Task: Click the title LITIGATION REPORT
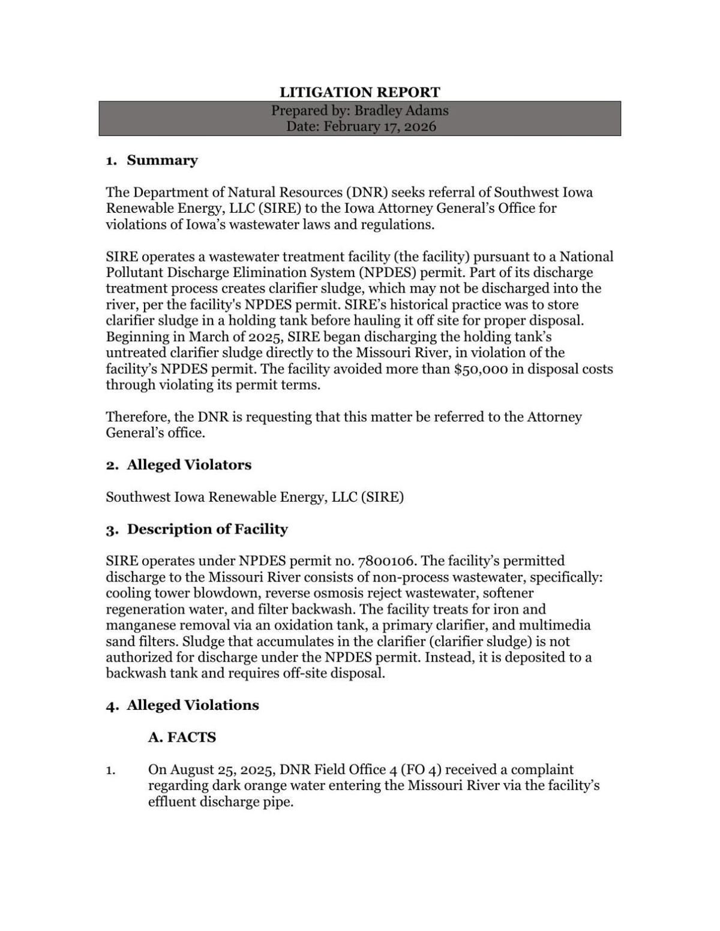359,92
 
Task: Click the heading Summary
162,160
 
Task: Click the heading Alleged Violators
189,465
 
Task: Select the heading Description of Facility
207,529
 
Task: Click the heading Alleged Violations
193,705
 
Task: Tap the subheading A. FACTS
182,737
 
